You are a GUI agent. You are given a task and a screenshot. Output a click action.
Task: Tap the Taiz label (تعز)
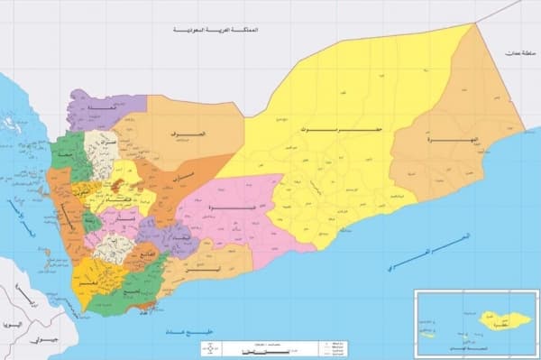pyautogui.click(x=90, y=282)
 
